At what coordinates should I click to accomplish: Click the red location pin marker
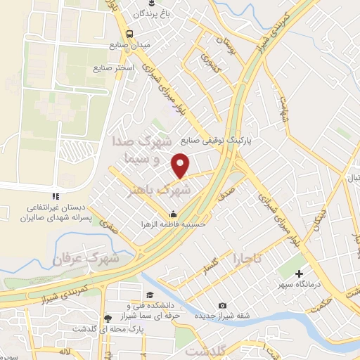181,165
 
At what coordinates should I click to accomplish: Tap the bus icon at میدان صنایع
129,33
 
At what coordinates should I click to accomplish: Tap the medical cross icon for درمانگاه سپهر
300,274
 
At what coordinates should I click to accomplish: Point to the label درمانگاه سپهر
307,285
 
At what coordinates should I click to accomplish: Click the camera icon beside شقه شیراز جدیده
223,305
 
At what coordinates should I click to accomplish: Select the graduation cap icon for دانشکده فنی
150,295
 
